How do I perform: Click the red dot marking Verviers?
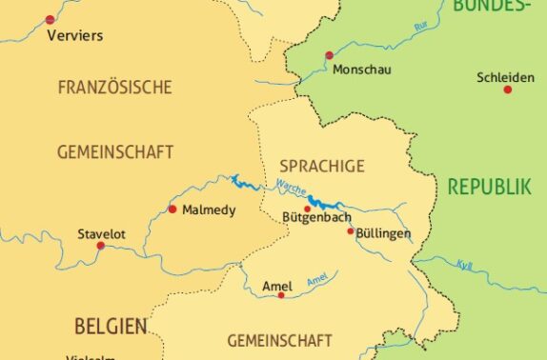(50, 19)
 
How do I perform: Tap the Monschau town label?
(362, 70)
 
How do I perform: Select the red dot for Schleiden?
(508, 90)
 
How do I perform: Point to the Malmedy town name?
(208, 210)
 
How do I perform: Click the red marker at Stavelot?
(101, 246)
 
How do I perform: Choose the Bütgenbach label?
(317, 218)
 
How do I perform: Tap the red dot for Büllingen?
(351, 230)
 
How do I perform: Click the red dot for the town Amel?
(280, 295)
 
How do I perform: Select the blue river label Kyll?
(463, 264)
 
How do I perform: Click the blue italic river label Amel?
(317, 280)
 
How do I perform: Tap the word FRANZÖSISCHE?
(114, 88)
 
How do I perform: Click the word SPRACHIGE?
(322, 166)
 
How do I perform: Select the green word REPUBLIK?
(490, 187)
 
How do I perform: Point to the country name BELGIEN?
(111, 327)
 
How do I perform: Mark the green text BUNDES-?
(492, 7)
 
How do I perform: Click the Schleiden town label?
(507, 77)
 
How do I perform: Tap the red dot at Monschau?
(329, 55)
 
